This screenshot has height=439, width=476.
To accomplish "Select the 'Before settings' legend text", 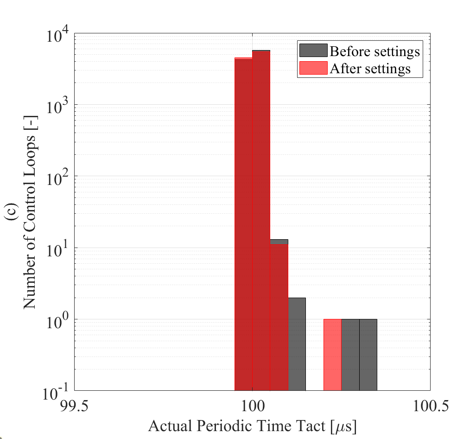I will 374,51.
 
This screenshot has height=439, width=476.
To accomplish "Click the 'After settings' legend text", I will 370,69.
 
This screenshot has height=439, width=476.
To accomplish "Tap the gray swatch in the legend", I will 313,50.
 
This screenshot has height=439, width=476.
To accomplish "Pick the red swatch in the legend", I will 313,68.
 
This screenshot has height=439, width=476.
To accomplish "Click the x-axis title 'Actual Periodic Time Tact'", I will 252,426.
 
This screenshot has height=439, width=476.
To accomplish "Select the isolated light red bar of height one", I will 332,355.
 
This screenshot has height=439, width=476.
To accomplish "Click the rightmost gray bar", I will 368,355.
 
